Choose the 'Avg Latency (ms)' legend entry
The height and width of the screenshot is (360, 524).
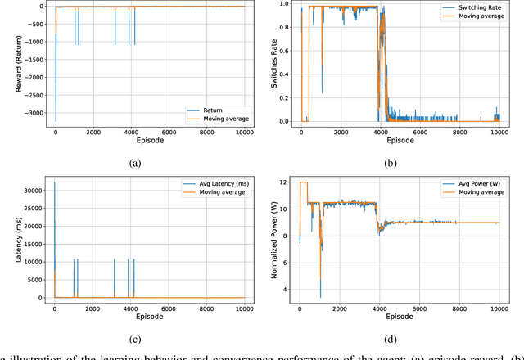pos(213,182)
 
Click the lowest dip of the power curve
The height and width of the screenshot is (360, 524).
pos(320,296)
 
